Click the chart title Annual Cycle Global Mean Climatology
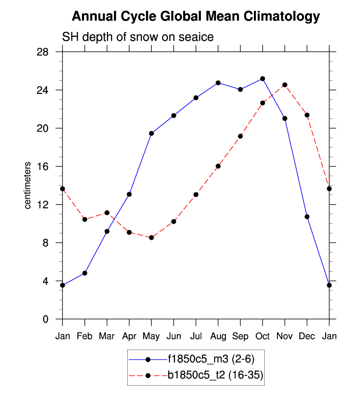point(195,17)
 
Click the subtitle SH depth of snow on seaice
point(137,37)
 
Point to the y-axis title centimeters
point(28,185)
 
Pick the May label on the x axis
point(151,336)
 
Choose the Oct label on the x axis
point(262,336)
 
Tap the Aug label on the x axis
point(218,336)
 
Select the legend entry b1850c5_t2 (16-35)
point(215,376)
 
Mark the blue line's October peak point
point(263,79)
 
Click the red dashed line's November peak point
point(285,85)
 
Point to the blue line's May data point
point(151,133)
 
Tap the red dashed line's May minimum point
point(151,238)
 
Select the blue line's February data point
point(85,273)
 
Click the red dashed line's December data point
point(307,115)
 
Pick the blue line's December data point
point(307,217)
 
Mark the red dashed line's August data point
point(218,166)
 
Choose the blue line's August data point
point(218,83)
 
